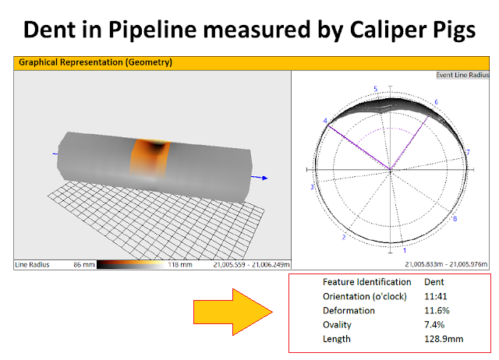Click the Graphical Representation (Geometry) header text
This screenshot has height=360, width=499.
(x=95, y=62)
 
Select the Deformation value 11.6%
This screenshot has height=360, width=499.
(x=437, y=310)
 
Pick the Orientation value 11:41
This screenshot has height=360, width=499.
(x=435, y=296)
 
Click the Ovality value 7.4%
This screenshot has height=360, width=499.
(x=434, y=324)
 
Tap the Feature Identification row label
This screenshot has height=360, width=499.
(x=366, y=281)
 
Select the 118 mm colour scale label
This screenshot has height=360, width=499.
(x=180, y=264)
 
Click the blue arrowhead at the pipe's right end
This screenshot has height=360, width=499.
(x=265, y=178)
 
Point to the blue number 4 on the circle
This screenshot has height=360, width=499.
(x=324, y=121)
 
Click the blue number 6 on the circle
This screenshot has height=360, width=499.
(x=436, y=102)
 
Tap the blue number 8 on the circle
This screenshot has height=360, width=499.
(x=455, y=219)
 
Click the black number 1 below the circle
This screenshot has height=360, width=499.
(x=403, y=251)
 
